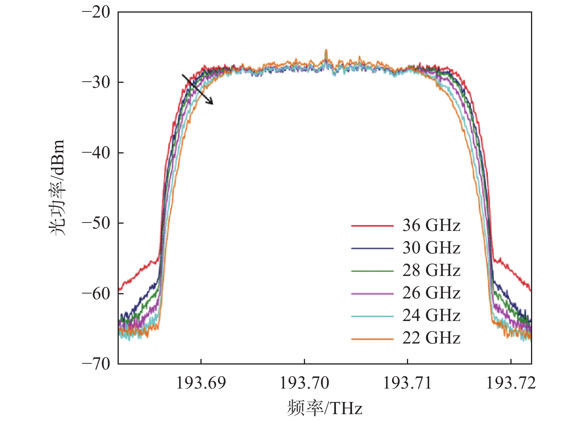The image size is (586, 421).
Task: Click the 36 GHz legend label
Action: click(431, 226)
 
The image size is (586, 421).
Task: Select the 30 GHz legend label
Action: click(431, 248)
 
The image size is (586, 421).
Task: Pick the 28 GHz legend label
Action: click(431, 271)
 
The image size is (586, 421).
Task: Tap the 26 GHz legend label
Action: click(431, 293)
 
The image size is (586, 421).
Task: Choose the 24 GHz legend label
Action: click(431, 316)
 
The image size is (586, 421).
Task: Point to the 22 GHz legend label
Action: click(431, 338)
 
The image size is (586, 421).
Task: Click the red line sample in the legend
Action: click(372, 226)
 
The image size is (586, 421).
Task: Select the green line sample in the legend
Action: click(372, 271)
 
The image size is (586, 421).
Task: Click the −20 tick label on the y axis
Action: click(96, 12)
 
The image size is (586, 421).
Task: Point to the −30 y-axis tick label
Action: click(96, 82)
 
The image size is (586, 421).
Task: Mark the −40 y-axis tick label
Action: click(96, 153)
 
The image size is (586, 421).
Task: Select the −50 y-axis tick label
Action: click(96, 223)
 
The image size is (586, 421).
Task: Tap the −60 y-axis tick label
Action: click(96, 293)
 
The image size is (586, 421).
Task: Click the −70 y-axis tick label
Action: click(96, 363)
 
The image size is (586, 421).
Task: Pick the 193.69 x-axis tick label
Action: click(201, 383)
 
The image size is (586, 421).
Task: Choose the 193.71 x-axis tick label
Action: click(407, 383)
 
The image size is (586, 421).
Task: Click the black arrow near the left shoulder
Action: click(197, 89)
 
